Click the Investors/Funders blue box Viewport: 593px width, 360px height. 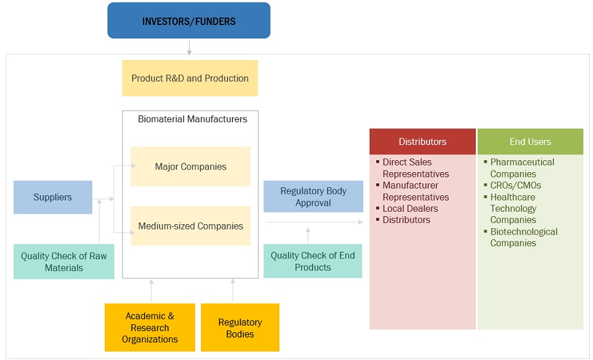click(x=189, y=20)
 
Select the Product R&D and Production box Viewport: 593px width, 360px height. click(x=190, y=78)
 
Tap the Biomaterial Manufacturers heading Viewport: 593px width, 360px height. click(x=192, y=119)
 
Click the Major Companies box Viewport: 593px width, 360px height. click(x=190, y=167)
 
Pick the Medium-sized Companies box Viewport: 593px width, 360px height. click(x=190, y=226)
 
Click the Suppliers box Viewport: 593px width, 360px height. click(x=53, y=197)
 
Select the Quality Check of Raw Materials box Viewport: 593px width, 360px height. click(x=63, y=262)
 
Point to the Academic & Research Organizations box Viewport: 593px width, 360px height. click(x=150, y=328)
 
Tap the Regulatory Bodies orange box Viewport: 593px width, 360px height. click(x=240, y=328)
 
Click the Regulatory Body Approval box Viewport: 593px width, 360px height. click(x=313, y=196)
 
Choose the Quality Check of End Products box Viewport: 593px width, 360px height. click(x=313, y=261)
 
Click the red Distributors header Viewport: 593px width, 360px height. click(x=422, y=142)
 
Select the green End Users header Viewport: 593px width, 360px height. click(x=530, y=142)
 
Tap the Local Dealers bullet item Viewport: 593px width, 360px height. click(x=410, y=208)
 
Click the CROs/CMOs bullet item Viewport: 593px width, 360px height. click(x=515, y=185)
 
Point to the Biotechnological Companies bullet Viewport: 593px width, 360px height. click(x=523, y=237)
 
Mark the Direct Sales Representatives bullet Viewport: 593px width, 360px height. click(x=415, y=168)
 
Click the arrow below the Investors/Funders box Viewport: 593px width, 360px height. click(x=189, y=47)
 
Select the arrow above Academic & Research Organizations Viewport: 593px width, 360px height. click(x=151, y=291)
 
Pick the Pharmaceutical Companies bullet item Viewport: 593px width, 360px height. click(x=522, y=167)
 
